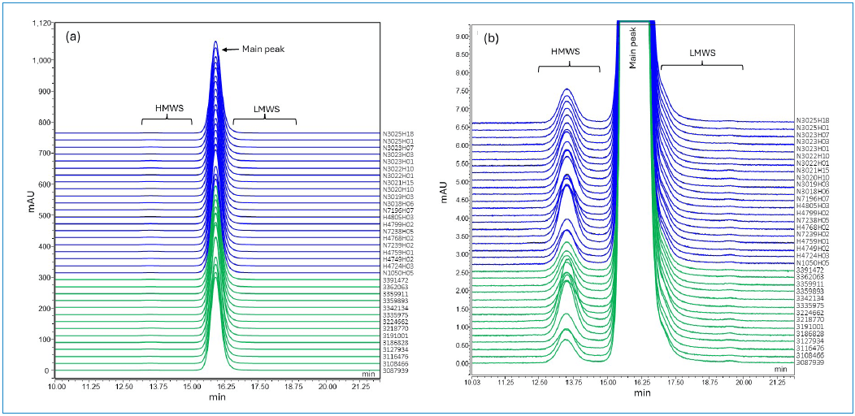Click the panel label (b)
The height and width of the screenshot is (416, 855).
(x=491, y=37)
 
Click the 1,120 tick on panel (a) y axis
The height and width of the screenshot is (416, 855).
(x=40, y=24)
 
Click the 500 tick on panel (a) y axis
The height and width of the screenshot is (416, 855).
(x=44, y=216)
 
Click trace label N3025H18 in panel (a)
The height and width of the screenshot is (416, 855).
(x=398, y=133)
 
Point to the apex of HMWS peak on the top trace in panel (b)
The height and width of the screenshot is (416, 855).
(x=566, y=89)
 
